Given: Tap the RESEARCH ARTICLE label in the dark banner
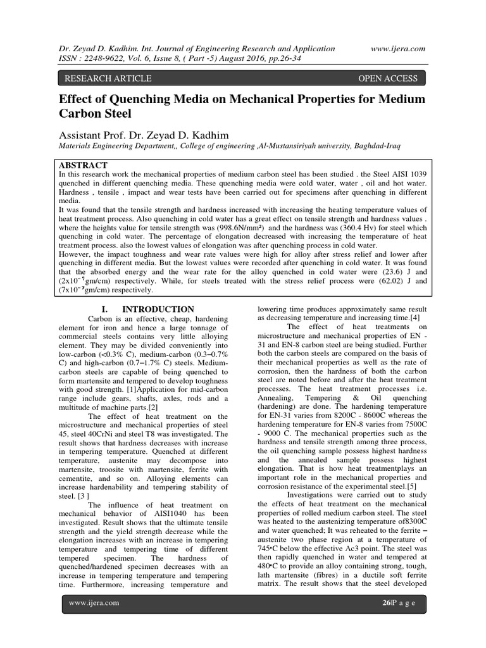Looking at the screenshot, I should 105,78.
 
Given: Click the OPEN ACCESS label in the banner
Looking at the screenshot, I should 388,78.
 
